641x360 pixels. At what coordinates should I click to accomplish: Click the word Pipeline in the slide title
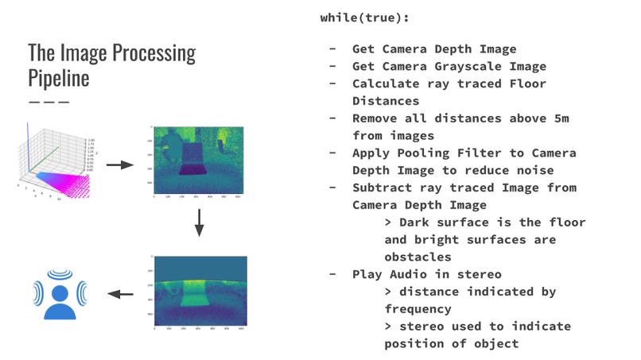click(x=58, y=79)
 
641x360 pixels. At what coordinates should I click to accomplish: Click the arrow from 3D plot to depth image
click(x=119, y=165)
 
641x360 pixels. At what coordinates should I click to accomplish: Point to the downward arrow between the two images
click(x=199, y=223)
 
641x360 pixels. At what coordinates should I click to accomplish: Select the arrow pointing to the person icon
click(x=120, y=294)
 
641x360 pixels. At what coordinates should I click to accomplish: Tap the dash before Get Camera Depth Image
click(x=333, y=49)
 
